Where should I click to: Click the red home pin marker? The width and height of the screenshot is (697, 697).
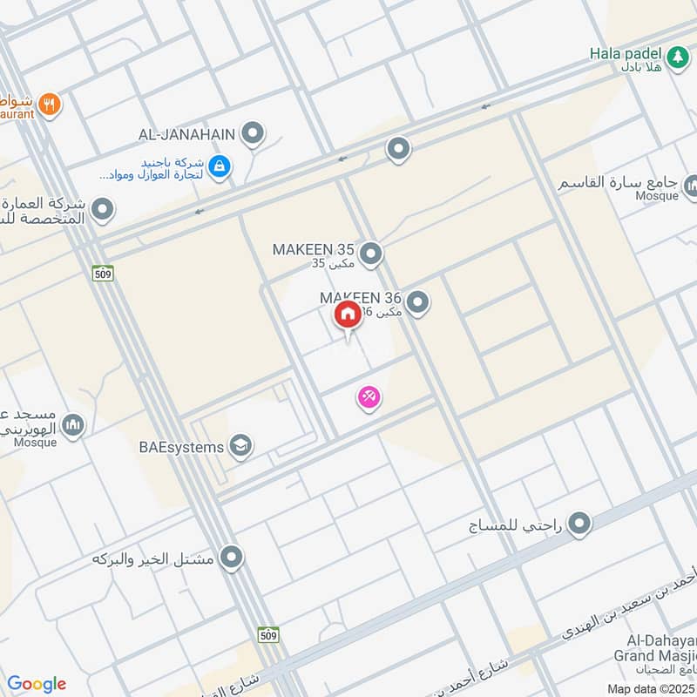[x=347, y=316]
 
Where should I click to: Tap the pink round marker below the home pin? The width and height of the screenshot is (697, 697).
[x=369, y=398]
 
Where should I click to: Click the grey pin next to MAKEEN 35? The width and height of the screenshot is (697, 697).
[x=372, y=254]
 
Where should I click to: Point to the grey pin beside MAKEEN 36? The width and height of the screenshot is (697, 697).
[x=418, y=302]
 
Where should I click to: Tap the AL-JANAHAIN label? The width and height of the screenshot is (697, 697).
[x=187, y=134]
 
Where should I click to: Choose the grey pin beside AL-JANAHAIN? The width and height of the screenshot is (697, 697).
[x=253, y=133]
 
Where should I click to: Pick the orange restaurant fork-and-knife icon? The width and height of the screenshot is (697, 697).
[x=51, y=104]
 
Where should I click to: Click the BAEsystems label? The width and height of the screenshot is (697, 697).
[x=181, y=447]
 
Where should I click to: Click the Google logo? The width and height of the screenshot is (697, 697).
[x=37, y=684]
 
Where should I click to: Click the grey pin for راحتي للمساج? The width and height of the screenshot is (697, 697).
[x=579, y=524]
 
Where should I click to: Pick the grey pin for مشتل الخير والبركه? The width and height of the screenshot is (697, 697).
[x=231, y=557]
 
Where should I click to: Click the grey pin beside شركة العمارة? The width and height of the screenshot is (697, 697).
[x=103, y=209]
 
